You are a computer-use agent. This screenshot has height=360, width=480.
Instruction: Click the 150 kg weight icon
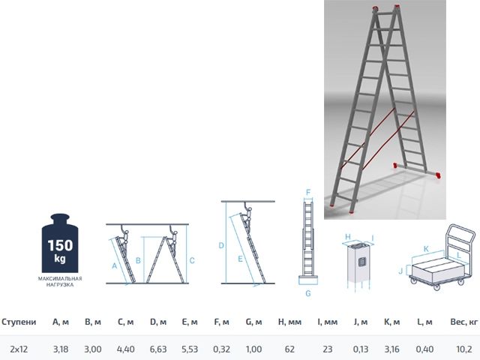[60, 244]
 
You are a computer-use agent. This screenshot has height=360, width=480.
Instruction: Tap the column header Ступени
[19, 322]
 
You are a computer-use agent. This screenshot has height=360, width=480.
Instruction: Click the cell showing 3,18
[61, 349]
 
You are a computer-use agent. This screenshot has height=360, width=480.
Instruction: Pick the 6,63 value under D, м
[157, 349]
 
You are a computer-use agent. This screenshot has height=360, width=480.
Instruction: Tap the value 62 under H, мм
[289, 349]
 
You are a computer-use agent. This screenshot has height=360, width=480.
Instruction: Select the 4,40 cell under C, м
[125, 349]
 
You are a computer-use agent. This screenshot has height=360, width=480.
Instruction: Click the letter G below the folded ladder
[308, 294]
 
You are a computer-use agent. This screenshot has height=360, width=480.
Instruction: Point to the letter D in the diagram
[221, 245]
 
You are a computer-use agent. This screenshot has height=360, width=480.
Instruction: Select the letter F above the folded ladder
[307, 192]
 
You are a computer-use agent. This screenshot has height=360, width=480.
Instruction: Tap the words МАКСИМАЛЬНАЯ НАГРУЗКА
[60, 282]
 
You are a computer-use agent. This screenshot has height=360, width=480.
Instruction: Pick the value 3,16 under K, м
[391, 349]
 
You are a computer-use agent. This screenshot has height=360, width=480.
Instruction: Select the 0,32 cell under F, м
[222, 349]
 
